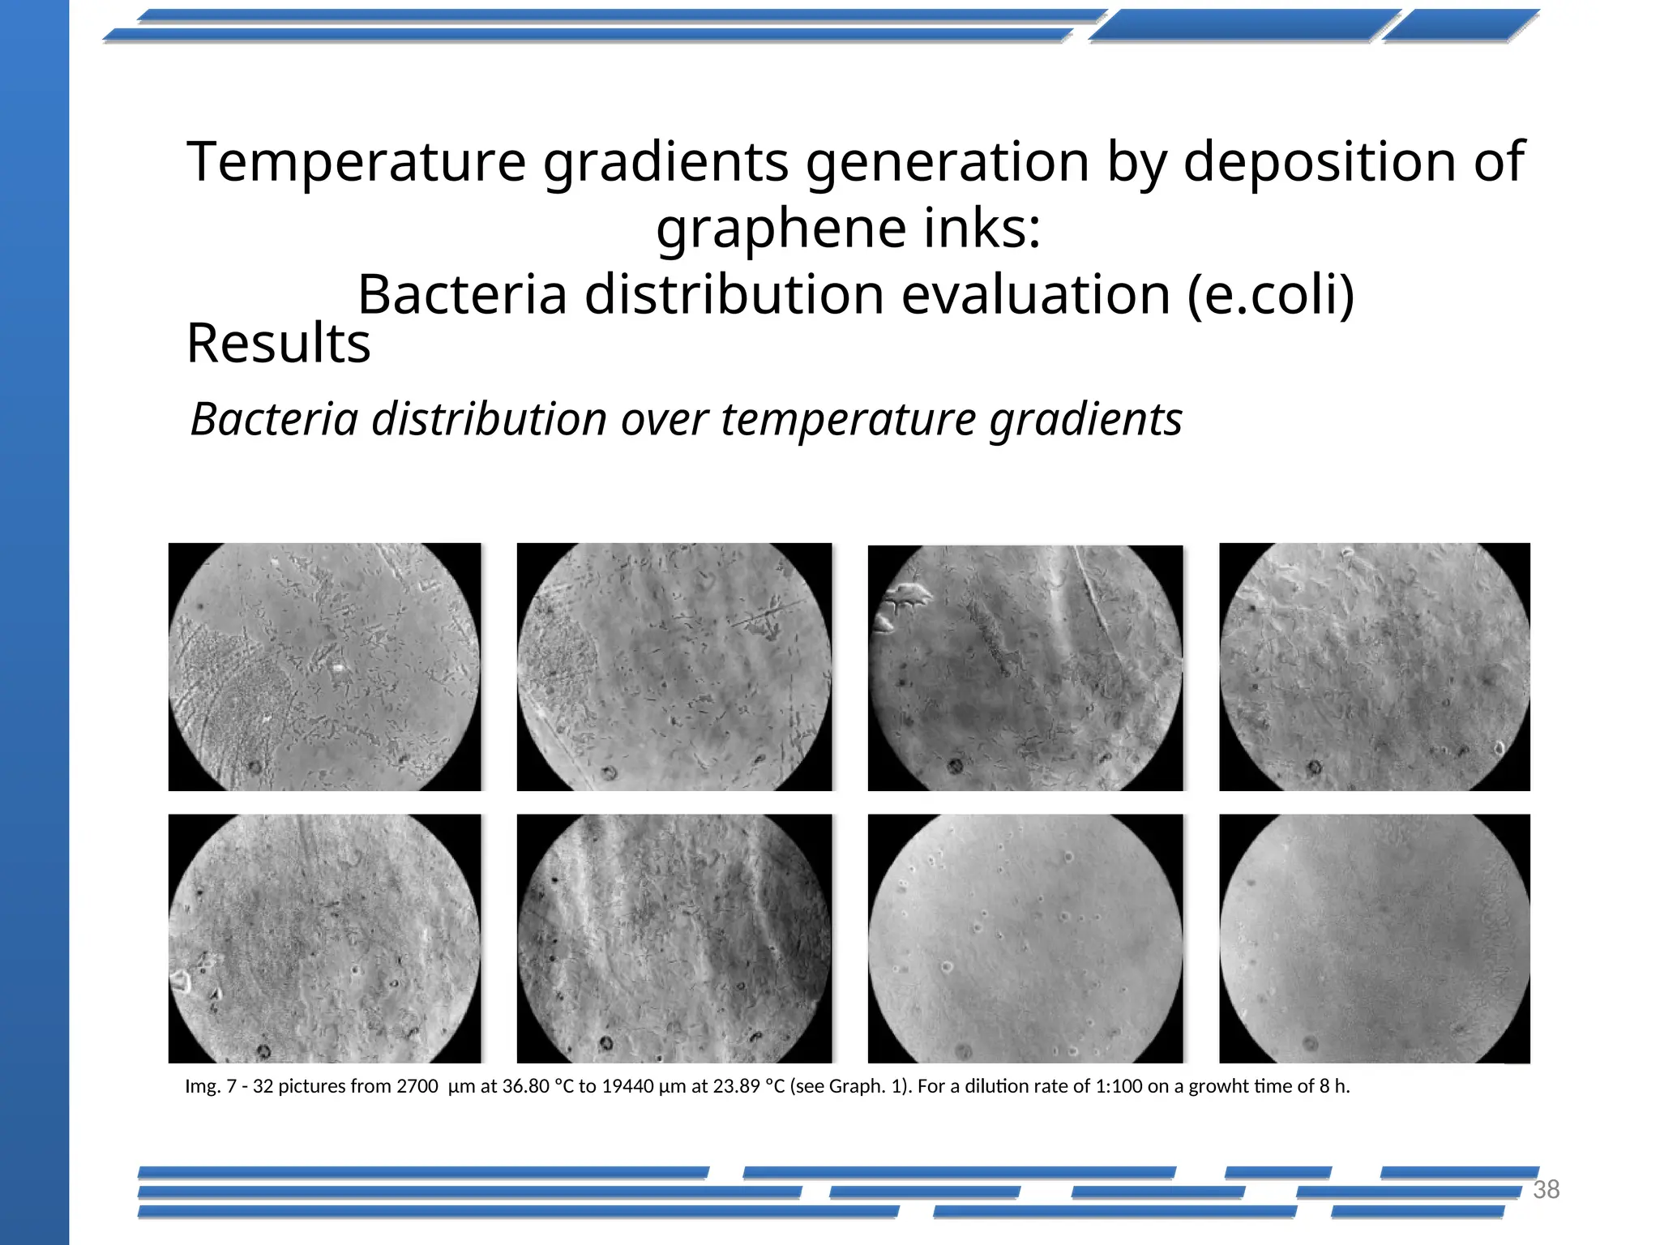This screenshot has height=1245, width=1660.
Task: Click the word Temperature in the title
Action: point(357,162)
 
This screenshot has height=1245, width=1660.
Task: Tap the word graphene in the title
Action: point(781,229)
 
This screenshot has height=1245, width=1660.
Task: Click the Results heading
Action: point(278,344)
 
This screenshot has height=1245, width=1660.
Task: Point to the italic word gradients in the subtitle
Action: point(1085,420)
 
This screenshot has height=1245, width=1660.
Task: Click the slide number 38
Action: point(1546,1189)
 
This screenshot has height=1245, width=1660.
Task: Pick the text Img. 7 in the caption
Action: point(210,1086)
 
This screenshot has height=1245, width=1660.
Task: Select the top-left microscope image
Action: point(324,666)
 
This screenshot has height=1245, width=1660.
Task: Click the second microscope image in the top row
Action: point(674,666)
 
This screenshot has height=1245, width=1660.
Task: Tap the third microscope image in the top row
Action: point(1025,667)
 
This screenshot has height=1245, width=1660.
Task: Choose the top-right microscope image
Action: point(1374,666)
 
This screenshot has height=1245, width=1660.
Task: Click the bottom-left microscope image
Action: point(324,938)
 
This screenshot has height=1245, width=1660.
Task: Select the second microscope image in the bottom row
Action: point(674,938)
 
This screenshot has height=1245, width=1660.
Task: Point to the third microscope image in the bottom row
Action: point(1025,938)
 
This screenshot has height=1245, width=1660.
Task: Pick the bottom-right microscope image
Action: point(1374,938)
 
